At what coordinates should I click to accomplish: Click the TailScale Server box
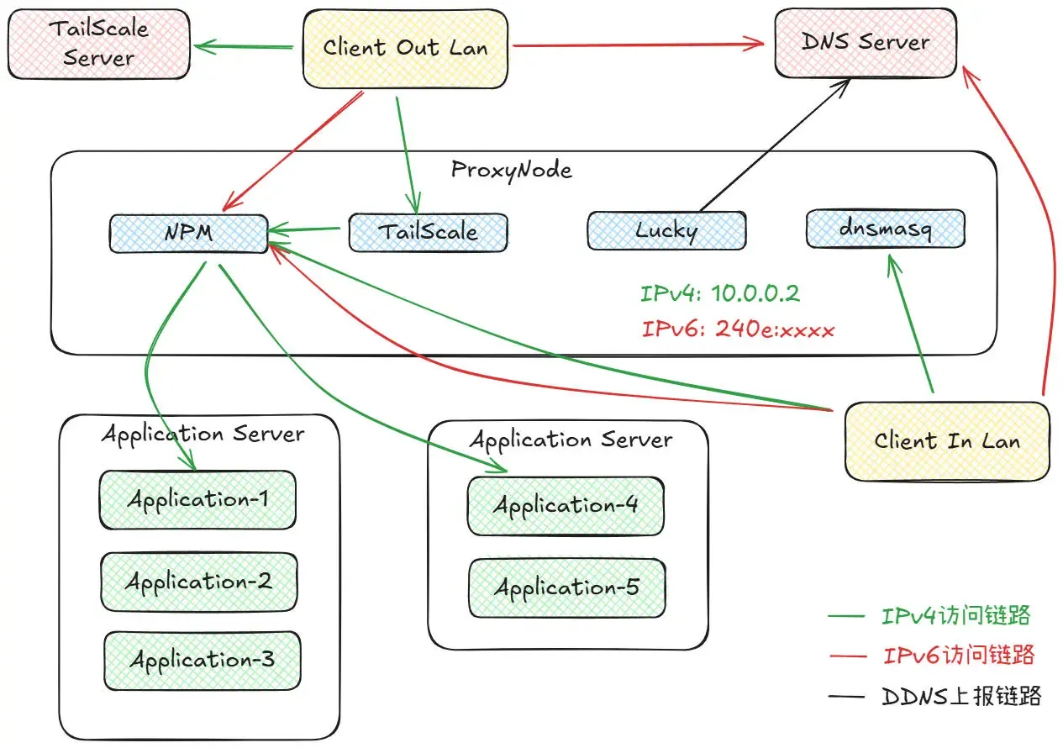click(x=98, y=44)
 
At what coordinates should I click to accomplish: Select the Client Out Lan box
click(x=405, y=49)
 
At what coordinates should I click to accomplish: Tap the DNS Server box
click(x=866, y=43)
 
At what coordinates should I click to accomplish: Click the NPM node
click(x=189, y=233)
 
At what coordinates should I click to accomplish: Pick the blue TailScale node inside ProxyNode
click(x=428, y=232)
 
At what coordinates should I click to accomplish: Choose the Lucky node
click(x=666, y=230)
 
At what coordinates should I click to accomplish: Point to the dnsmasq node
click(x=886, y=229)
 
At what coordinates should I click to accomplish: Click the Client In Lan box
click(x=947, y=441)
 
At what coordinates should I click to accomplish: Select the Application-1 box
click(x=197, y=500)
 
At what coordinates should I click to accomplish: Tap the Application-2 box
click(x=199, y=582)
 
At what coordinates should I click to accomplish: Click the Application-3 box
click(x=203, y=661)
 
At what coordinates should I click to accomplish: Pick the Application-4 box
click(x=566, y=506)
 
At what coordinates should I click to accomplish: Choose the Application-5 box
click(x=567, y=588)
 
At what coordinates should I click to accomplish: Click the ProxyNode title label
click(x=512, y=171)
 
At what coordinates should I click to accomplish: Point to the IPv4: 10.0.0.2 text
click(x=720, y=293)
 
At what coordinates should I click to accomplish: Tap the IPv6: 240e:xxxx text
click(x=738, y=329)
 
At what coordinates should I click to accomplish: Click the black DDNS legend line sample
click(x=846, y=697)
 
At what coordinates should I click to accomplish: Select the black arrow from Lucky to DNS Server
click(x=775, y=145)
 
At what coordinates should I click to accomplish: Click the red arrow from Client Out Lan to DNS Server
click(x=639, y=45)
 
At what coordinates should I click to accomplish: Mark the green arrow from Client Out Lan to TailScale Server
click(x=244, y=46)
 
